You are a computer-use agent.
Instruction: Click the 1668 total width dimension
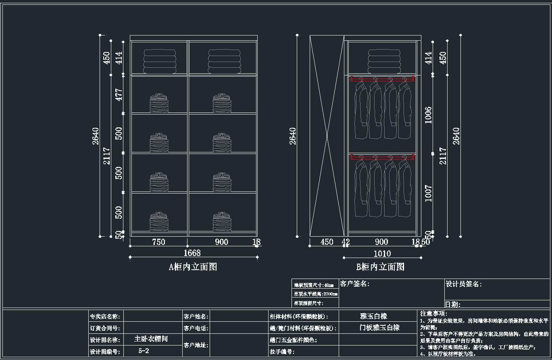pyautogui.click(x=192, y=253)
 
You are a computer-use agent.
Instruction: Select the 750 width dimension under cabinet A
pyautogui.click(x=158, y=242)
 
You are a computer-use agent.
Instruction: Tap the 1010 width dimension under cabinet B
pyautogui.click(x=382, y=254)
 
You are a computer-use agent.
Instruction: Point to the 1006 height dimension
pyautogui.click(x=428, y=115)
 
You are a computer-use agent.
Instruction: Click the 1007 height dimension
pyautogui.click(x=428, y=193)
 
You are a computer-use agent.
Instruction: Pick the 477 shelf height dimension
pyautogui.click(x=119, y=95)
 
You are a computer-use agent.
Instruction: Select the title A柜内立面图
pyautogui.click(x=193, y=266)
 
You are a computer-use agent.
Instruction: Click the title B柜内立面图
pyautogui.click(x=380, y=266)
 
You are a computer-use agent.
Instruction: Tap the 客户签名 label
pyautogui.click(x=355, y=284)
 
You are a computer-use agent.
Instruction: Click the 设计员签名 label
pyautogui.click(x=463, y=284)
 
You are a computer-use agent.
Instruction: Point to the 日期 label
pyautogui.click(x=452, y=304)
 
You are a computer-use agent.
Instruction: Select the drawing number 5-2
pyautogui.click(x=144, y=351)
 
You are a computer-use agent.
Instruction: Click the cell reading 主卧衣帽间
pyautogui.click(x=151, y=339)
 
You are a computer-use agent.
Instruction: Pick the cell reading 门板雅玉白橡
pyautogui.click(x=379, y=327)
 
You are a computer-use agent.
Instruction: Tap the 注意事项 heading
pyautogui.click(x=433, y=313)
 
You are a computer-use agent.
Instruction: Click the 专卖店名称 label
pyautogui.click(x=104, y=316)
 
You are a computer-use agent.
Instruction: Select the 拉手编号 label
pyautogui.click(x=282, y=352)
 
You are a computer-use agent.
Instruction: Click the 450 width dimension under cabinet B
pyautogui.click(x=327, y=242)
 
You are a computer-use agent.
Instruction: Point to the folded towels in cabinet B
pyautogui.click(x=384, y=62)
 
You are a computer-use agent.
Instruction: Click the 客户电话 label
pyautogui.click(x=196, y=328)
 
